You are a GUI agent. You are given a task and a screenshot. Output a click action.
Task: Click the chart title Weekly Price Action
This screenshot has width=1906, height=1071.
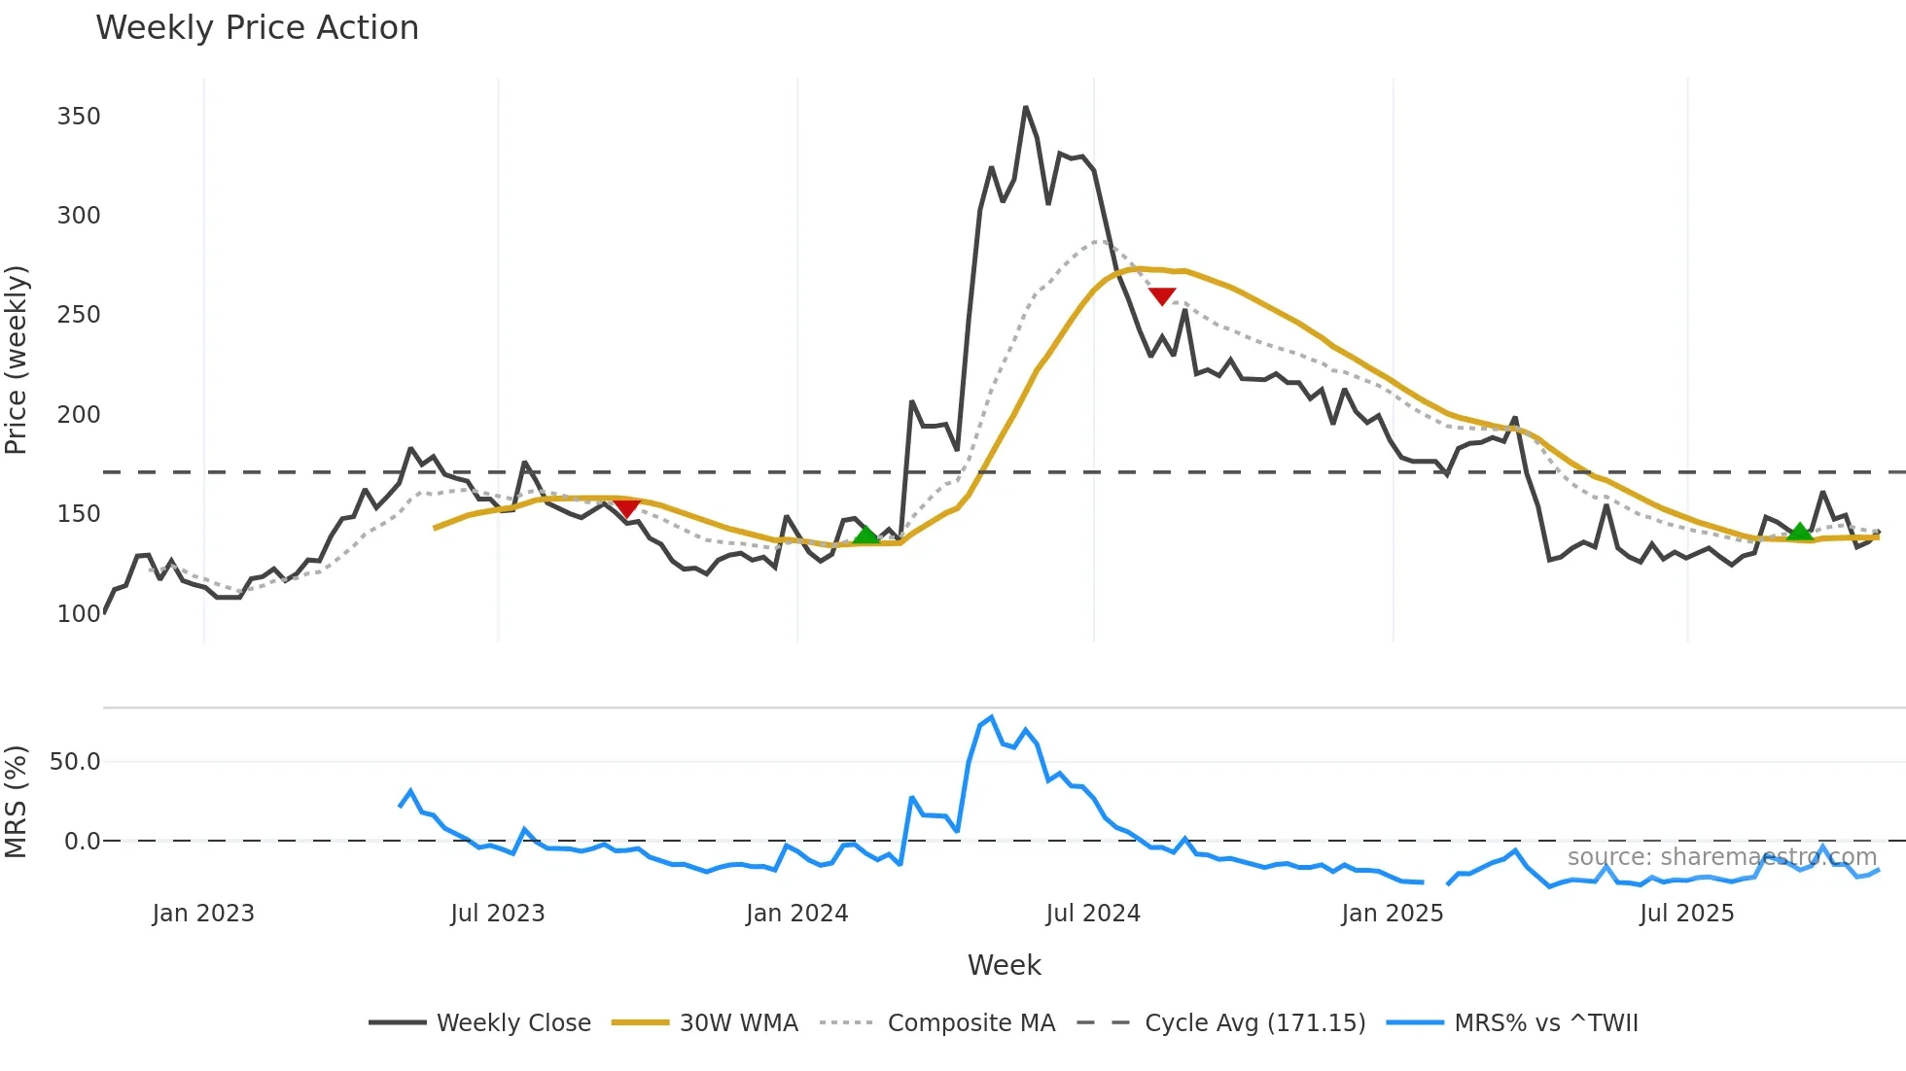pos(257,28)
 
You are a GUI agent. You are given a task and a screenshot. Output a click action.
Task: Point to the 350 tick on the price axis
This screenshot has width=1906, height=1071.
pos(79,117)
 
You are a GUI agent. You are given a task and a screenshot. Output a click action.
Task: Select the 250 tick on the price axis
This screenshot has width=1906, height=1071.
pos(79,315)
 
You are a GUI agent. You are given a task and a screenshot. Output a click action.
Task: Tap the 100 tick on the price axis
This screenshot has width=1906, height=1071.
pos(79,614)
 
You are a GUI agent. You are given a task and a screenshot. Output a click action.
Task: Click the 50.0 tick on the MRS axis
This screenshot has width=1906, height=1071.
pos(75,762)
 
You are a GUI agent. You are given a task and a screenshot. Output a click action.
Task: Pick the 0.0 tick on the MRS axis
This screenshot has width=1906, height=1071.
pos(82,842)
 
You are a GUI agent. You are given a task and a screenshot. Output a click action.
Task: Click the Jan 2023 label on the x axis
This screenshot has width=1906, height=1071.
pos(203,914)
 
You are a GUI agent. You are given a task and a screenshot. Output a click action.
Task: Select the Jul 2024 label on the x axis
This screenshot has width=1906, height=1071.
pos(1093,914)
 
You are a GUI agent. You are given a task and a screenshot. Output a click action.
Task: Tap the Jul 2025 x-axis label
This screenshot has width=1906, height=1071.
pos(1686,914)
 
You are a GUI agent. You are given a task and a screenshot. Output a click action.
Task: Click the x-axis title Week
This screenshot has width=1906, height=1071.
pos(1004,965)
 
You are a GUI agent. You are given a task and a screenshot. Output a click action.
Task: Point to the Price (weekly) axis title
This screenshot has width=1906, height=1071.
pos(17,360)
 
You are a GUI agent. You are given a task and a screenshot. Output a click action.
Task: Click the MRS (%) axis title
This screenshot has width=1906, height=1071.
pos(17,802)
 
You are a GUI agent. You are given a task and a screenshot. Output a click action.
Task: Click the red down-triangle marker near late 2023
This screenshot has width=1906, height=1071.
pos(627,508)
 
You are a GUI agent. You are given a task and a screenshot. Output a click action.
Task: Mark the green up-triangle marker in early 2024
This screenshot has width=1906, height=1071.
pos(865,535)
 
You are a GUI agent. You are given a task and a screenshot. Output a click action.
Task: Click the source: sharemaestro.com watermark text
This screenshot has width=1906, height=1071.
pos(1721,857)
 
